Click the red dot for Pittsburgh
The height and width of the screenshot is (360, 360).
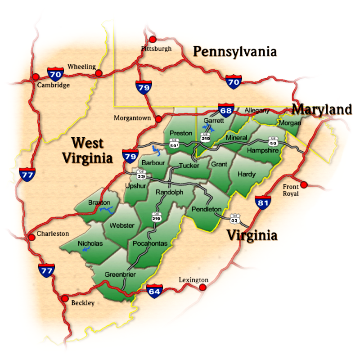[x=153, y=39]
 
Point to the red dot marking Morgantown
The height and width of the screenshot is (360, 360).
[x=158, y=119]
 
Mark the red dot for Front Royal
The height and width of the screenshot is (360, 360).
[x=304, y=184]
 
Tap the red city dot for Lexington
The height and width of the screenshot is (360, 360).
[x=203, y=287]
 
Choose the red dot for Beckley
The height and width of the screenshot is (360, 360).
[x=65, y=298]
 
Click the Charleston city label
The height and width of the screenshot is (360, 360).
[x=53, y=234]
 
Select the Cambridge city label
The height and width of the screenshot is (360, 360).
[x=53, y=85]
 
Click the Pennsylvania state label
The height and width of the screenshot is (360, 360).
[x=234, y=52]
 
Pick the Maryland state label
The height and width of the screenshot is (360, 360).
[x=321, y=109]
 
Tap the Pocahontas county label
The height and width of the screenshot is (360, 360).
[x=150, y=243]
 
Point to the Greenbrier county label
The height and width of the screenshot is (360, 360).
[x=120, y=274]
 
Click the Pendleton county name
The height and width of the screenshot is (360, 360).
[x=207, y=209]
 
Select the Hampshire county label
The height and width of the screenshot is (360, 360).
[x=263, y=150]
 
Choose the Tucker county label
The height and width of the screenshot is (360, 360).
[x=189, y=166]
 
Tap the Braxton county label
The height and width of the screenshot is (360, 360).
[x=99, y=202]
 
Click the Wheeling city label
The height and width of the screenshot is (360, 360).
[x=81, y=67]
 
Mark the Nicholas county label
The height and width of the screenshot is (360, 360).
[x=90, y=243]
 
